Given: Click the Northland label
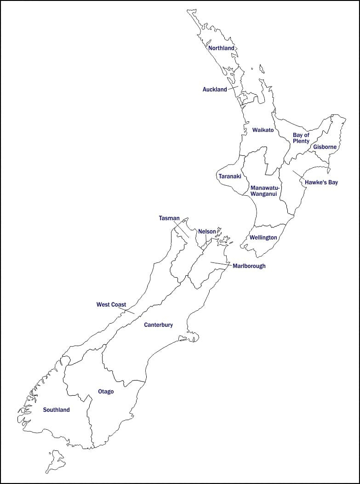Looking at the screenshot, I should [221, 48].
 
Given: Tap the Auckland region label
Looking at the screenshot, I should [215, 90].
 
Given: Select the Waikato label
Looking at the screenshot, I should [263, 130].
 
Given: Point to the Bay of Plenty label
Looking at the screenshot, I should [301, 138].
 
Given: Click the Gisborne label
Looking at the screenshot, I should [325, 147].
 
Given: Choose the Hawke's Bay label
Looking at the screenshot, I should [321, 182].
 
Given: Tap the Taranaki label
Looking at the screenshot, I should [230, 177].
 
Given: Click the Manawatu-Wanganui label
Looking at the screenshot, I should [265, 191].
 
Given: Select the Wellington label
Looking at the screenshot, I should [263, 238].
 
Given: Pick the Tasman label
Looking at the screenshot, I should [169, 218].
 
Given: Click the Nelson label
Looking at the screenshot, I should [207, 232].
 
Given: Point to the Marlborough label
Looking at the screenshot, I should [249, 266].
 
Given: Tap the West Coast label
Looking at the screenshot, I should [111, 305].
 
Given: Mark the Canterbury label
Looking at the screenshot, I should [158, 325].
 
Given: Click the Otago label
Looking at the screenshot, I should [106, 392].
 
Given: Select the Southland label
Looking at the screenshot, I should [56, 410].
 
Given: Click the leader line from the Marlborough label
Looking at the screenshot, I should [221, 263].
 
